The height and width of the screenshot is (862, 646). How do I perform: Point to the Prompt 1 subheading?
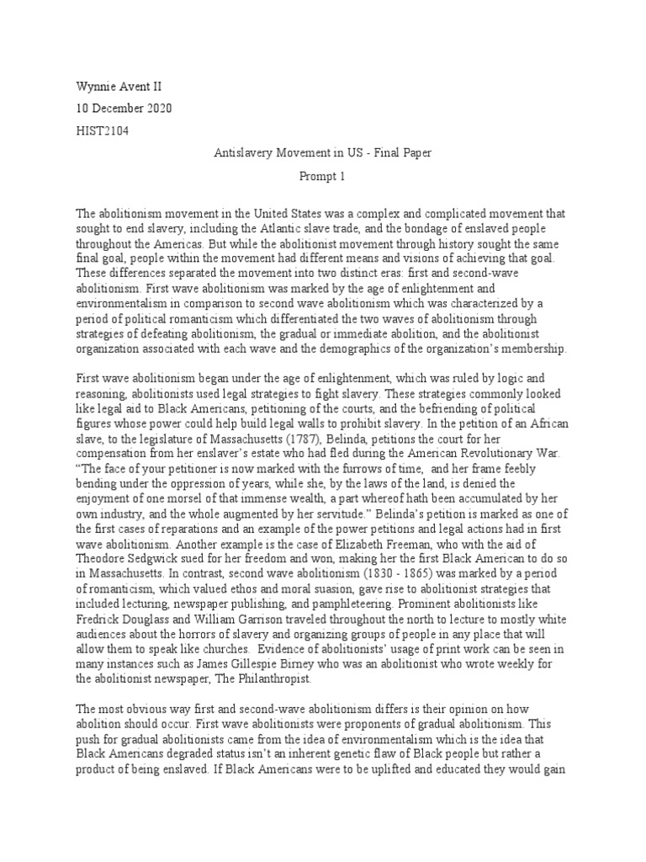[x=323, y=177]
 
